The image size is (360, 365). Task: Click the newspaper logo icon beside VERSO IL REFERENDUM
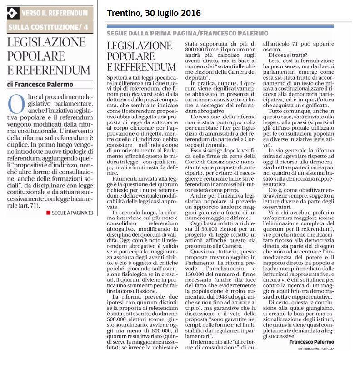tap(13, 14)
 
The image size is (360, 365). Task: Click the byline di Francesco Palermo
tap(40, 84)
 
